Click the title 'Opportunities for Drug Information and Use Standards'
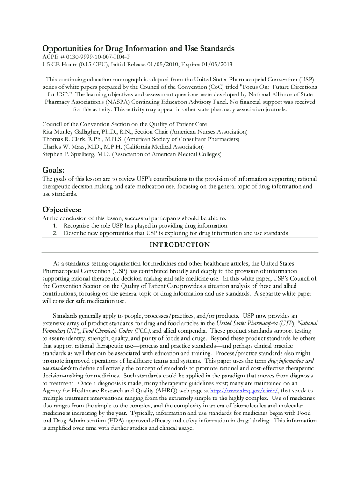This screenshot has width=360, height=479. (138, 49)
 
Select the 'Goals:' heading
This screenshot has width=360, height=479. (53, 170)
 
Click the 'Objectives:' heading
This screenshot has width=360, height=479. (62, 209)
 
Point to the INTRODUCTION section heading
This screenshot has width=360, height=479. (180, 245)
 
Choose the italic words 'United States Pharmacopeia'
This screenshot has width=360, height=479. (244, 323)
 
